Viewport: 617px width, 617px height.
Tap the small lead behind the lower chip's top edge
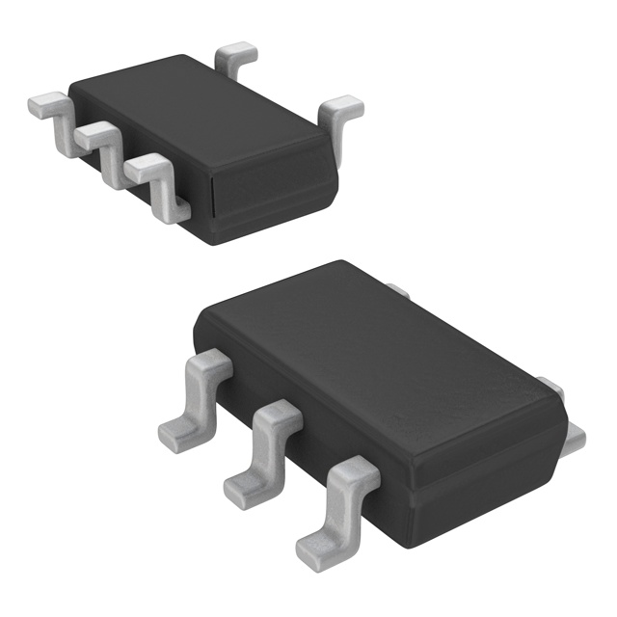[398, 290]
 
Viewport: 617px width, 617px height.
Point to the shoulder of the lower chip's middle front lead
[275, 419]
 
